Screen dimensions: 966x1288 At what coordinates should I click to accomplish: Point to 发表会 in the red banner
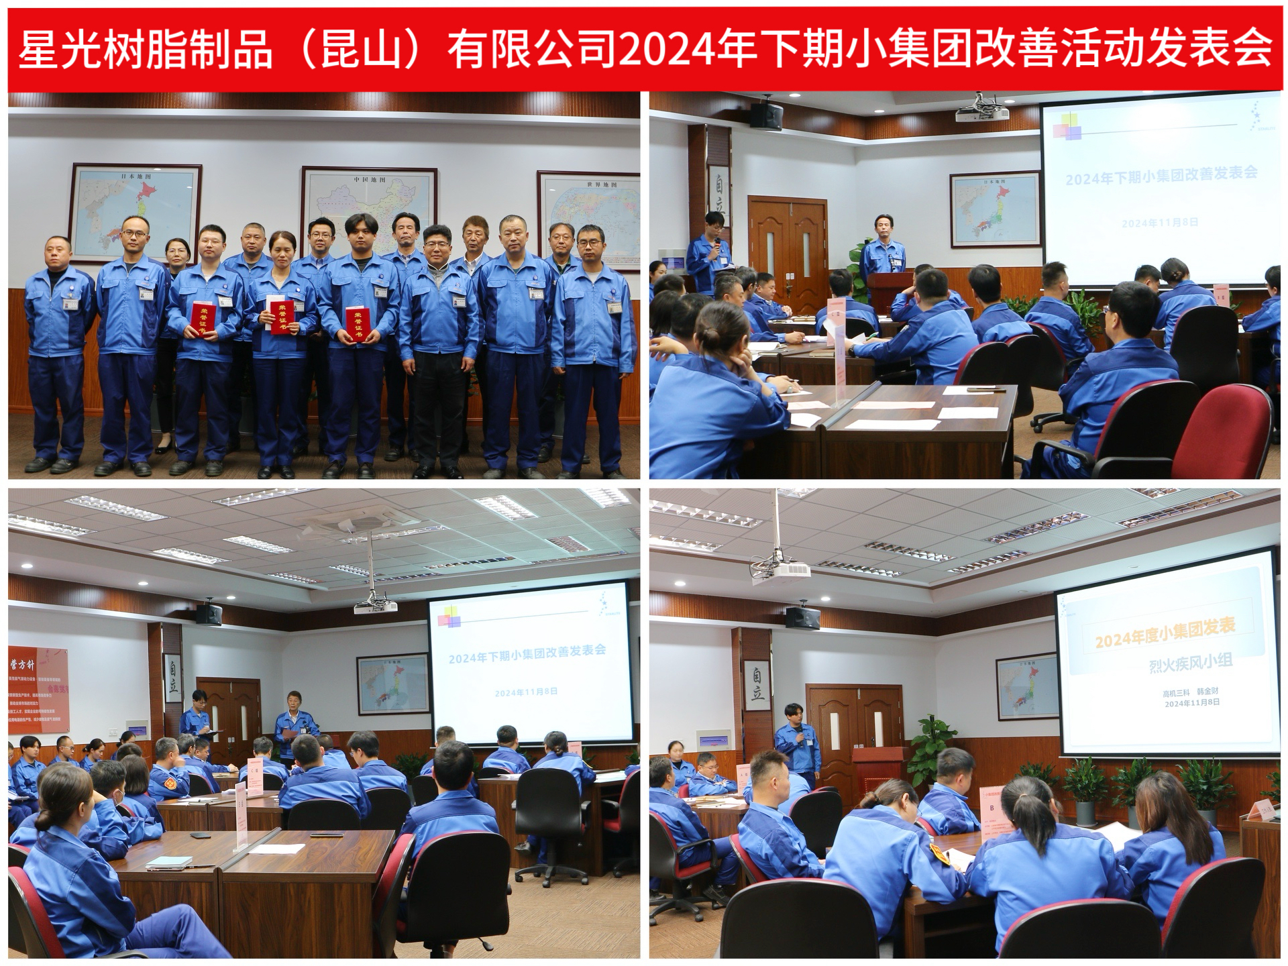(1207, 49)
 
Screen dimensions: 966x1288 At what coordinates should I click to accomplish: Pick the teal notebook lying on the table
(168, 863)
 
